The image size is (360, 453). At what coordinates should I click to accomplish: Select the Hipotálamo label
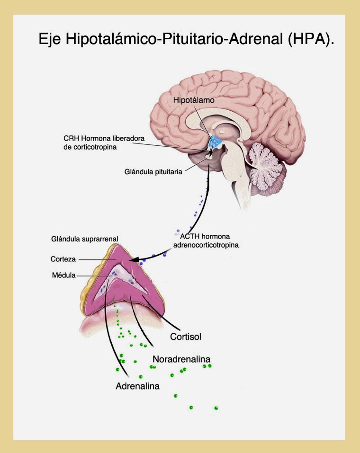click(x=194, y=101)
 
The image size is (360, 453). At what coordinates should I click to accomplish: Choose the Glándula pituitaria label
click(x=151, y=172)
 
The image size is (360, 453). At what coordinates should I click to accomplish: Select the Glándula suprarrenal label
click(x=84, y=239)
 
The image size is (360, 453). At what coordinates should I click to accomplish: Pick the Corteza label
click(x=63, y=259)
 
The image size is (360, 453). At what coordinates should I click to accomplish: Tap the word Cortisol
click(x=186, y=337)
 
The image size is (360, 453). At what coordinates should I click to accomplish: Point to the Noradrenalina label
click(x=181, y=358)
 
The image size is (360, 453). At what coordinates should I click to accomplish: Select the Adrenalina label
click(x=137, y=386)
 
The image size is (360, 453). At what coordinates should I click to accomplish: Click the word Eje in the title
click(x=49, y=39)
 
